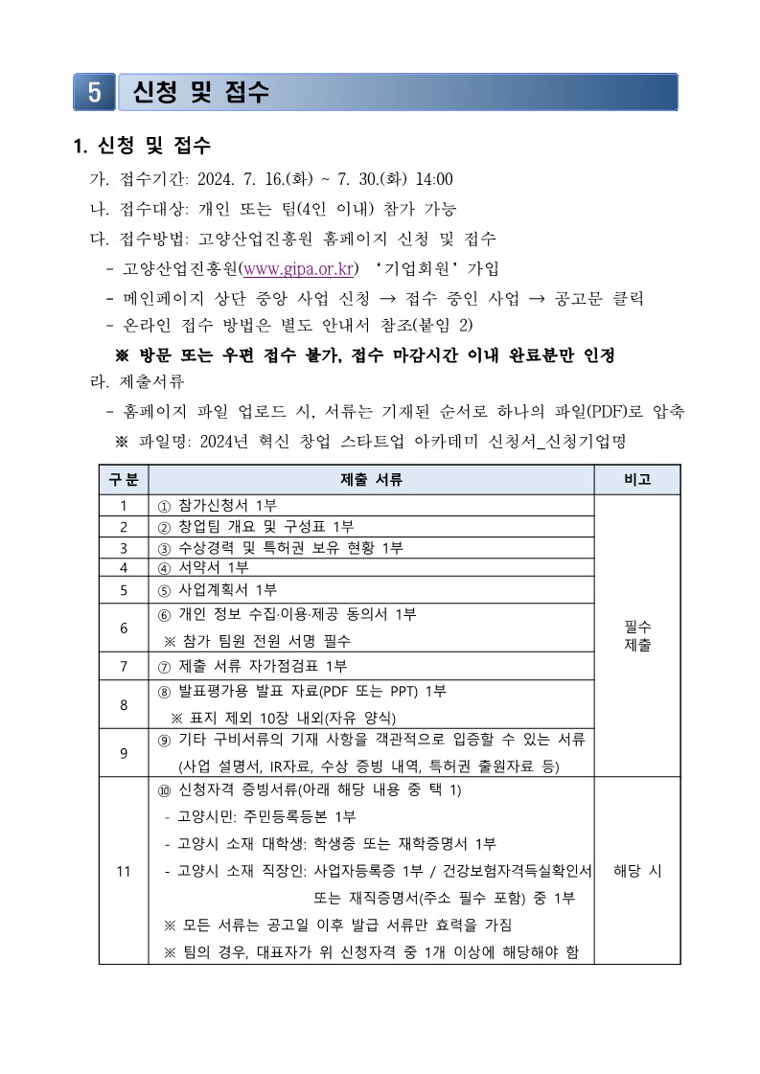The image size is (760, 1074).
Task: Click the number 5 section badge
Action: (94, 92)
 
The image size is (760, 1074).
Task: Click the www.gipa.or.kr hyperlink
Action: (297, 268)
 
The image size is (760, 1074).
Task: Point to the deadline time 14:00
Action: (433, 179)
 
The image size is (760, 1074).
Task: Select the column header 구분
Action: (123, 479)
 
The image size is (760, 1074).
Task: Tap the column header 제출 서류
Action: (371, 479)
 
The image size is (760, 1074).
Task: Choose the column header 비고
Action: (637, 479)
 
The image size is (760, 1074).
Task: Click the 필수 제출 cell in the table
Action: (637, 635)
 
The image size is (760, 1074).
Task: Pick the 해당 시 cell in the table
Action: (637, 871)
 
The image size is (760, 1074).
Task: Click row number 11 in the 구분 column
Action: (123, 871)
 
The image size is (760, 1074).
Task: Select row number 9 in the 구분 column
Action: (123, 752)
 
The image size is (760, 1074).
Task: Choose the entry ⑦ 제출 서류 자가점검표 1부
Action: (252, 666)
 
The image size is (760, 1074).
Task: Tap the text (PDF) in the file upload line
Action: (604, 411)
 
